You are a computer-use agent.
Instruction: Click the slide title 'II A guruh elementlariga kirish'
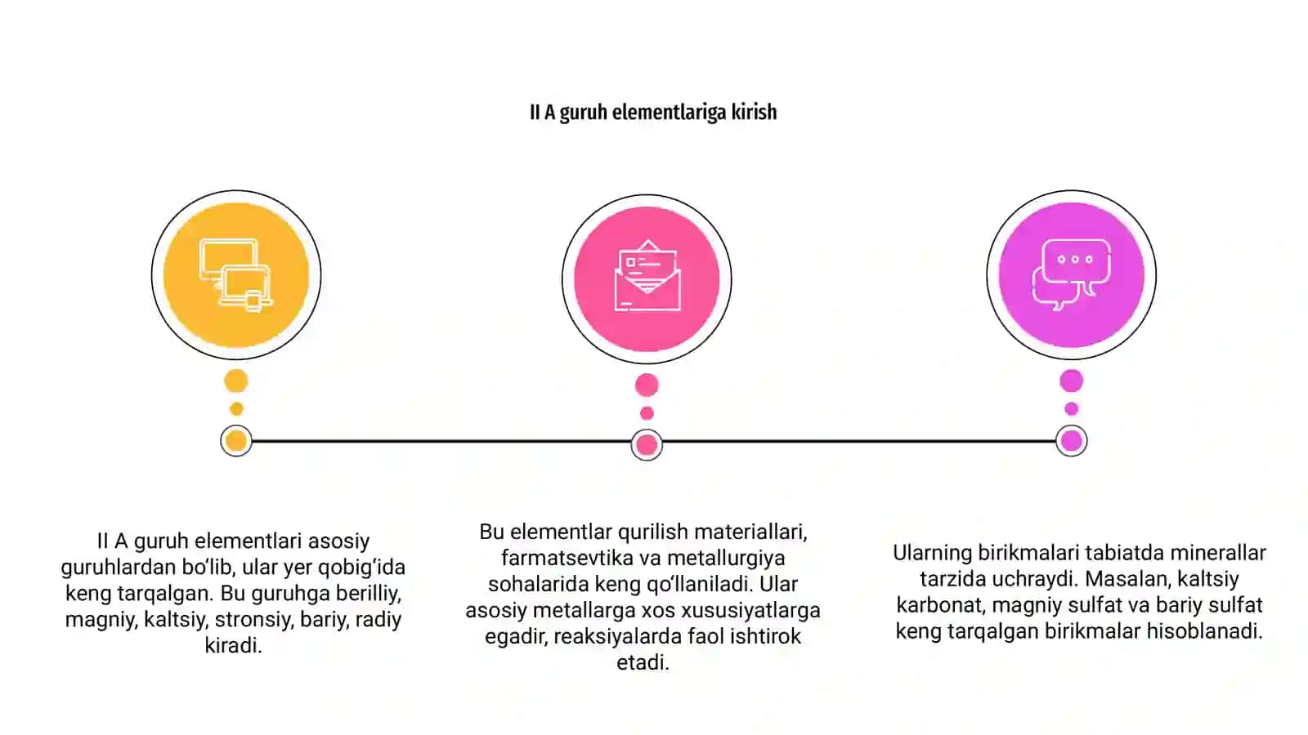(x=653, y=112)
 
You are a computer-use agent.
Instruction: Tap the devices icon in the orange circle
(x=236, y=275)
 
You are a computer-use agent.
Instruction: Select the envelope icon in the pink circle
(x=647, y=275)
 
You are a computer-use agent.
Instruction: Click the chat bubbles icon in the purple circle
(x=1072, y=274)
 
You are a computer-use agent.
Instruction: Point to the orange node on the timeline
(x=236, y=441)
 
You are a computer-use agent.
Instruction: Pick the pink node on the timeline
(x=647, y=445)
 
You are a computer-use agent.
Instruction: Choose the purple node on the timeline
(x=1072, y=441)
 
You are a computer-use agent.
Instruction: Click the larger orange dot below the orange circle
(x=236, y=381)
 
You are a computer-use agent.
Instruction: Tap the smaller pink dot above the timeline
(x=647, y=413)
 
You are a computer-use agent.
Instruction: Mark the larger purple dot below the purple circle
(x=1072, y=381)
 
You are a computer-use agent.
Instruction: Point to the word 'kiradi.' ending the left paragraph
(x=233, y=646)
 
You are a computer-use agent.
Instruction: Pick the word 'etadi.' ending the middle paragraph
(x=643, y=662)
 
